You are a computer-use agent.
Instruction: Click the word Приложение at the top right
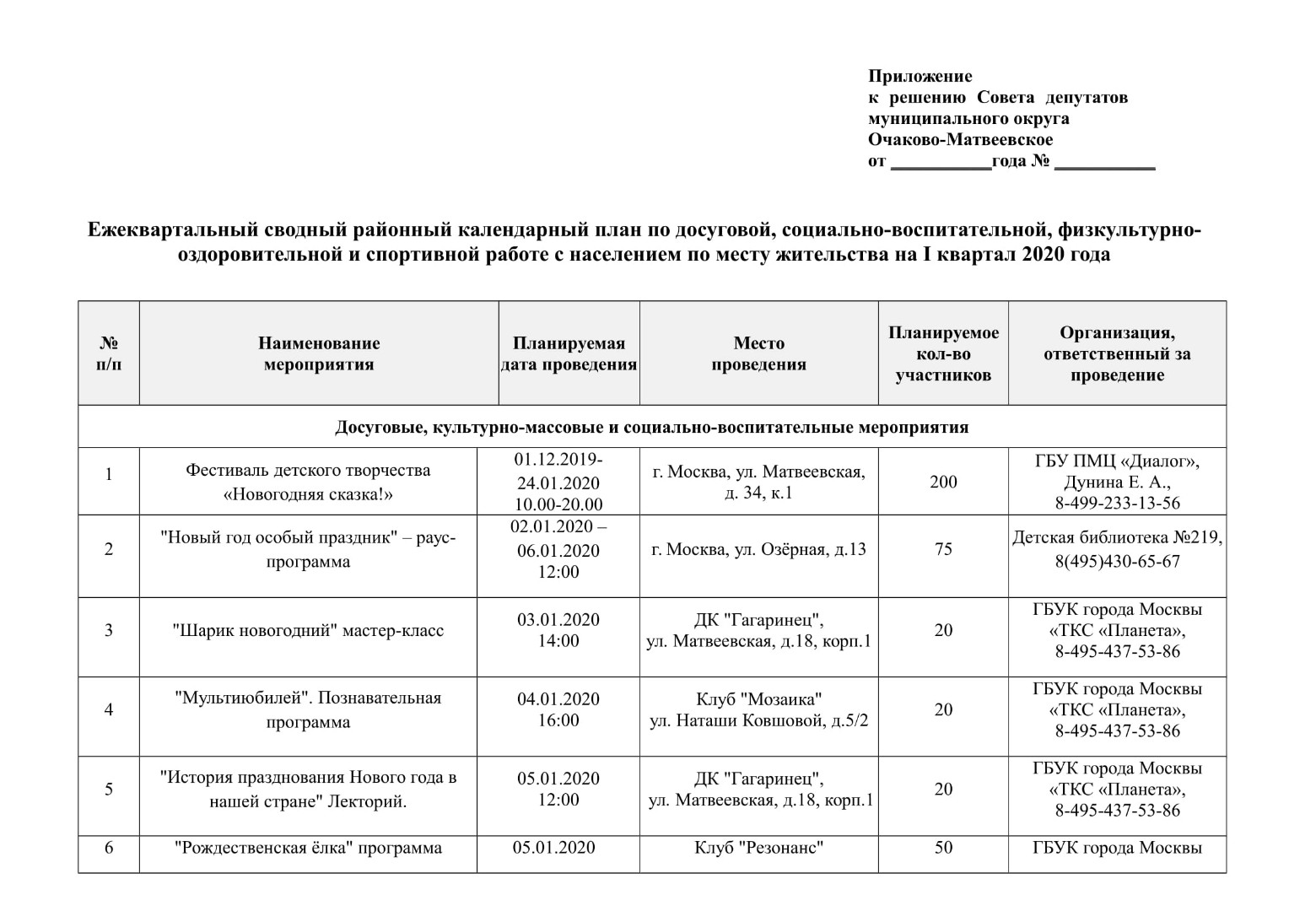[920, 77]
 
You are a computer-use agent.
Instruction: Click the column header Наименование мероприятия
[319, 353]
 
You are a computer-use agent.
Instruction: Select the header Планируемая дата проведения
[569, 353]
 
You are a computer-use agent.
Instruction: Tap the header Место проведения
[758, 353]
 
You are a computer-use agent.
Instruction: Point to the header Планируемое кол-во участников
[943, 353]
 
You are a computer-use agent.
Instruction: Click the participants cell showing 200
[943, 482]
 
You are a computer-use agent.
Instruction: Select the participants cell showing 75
[943, 549]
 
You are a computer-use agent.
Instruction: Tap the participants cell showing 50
[943, 847]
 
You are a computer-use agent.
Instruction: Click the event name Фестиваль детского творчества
[308, 471]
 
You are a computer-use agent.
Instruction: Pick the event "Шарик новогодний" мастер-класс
[308, 630]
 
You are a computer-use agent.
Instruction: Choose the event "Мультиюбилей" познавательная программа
[308, 709]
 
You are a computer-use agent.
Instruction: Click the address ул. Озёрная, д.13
[758, 549]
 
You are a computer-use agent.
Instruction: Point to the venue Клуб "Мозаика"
[758, 699]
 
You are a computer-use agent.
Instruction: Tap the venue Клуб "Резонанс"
[758, 847]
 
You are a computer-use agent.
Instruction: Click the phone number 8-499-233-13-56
[1117, 503]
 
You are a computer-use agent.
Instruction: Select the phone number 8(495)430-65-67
[1117, 561]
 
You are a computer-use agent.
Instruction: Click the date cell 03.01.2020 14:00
[558, 630]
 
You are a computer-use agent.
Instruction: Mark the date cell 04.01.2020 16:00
[558, 709]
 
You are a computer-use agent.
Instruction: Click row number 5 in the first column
[109, 790]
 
